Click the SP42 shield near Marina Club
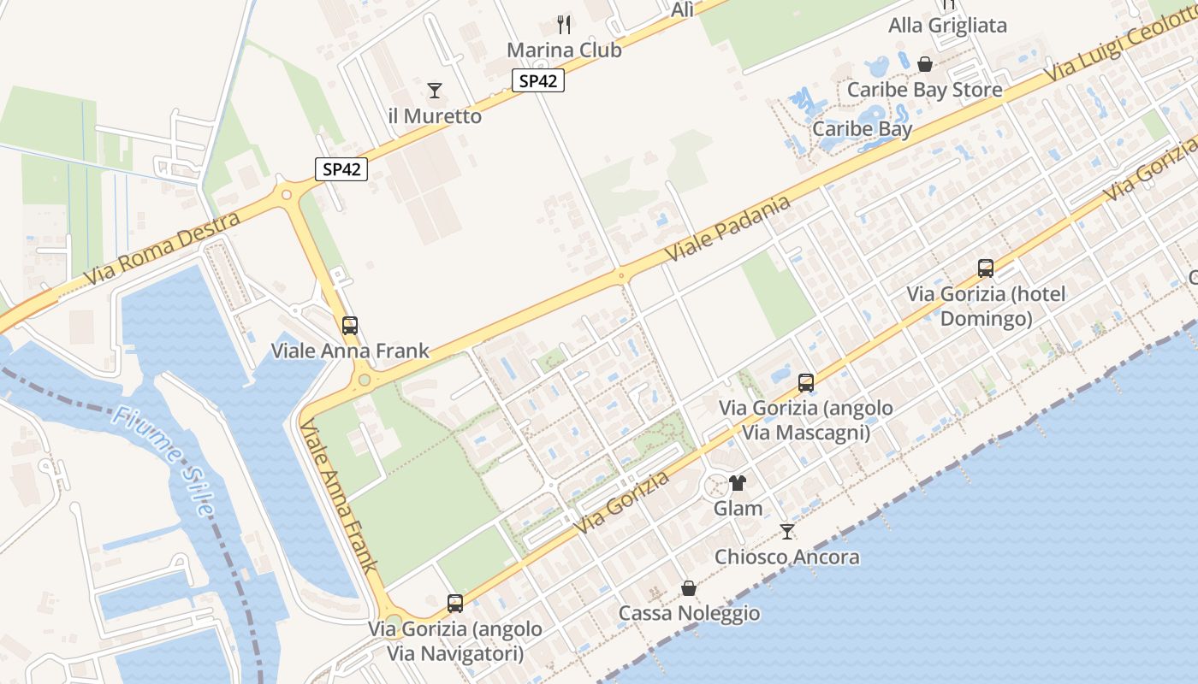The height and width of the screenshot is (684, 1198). pos(538,80)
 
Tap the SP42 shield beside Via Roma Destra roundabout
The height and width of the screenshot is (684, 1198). pos(341,169)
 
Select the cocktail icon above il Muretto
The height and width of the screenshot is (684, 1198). pos(435,90)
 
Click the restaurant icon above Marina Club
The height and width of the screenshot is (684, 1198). pos(563,24)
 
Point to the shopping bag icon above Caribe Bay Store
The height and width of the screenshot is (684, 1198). pos(925,64)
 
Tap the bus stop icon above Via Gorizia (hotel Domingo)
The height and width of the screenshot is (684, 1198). pos(986,268)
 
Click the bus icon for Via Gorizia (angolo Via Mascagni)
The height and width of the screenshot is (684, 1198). pos(805,383)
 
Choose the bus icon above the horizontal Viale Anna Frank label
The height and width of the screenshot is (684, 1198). pos(350,325)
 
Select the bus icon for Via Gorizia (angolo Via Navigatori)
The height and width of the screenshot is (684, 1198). pos(455,604)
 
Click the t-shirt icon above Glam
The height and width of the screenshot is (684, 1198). pos(738,483)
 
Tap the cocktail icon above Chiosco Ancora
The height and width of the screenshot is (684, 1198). pos(786,532)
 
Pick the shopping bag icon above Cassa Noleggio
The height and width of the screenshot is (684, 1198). pos(689,588)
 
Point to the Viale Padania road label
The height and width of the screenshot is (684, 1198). pos(727,229)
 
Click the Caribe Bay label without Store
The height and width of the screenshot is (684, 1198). pos(862,129)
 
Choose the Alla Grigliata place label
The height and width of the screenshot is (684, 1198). pos(947,26)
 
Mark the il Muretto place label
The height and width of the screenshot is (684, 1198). pos(435,116)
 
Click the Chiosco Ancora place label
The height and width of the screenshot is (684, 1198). pos(786,557)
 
